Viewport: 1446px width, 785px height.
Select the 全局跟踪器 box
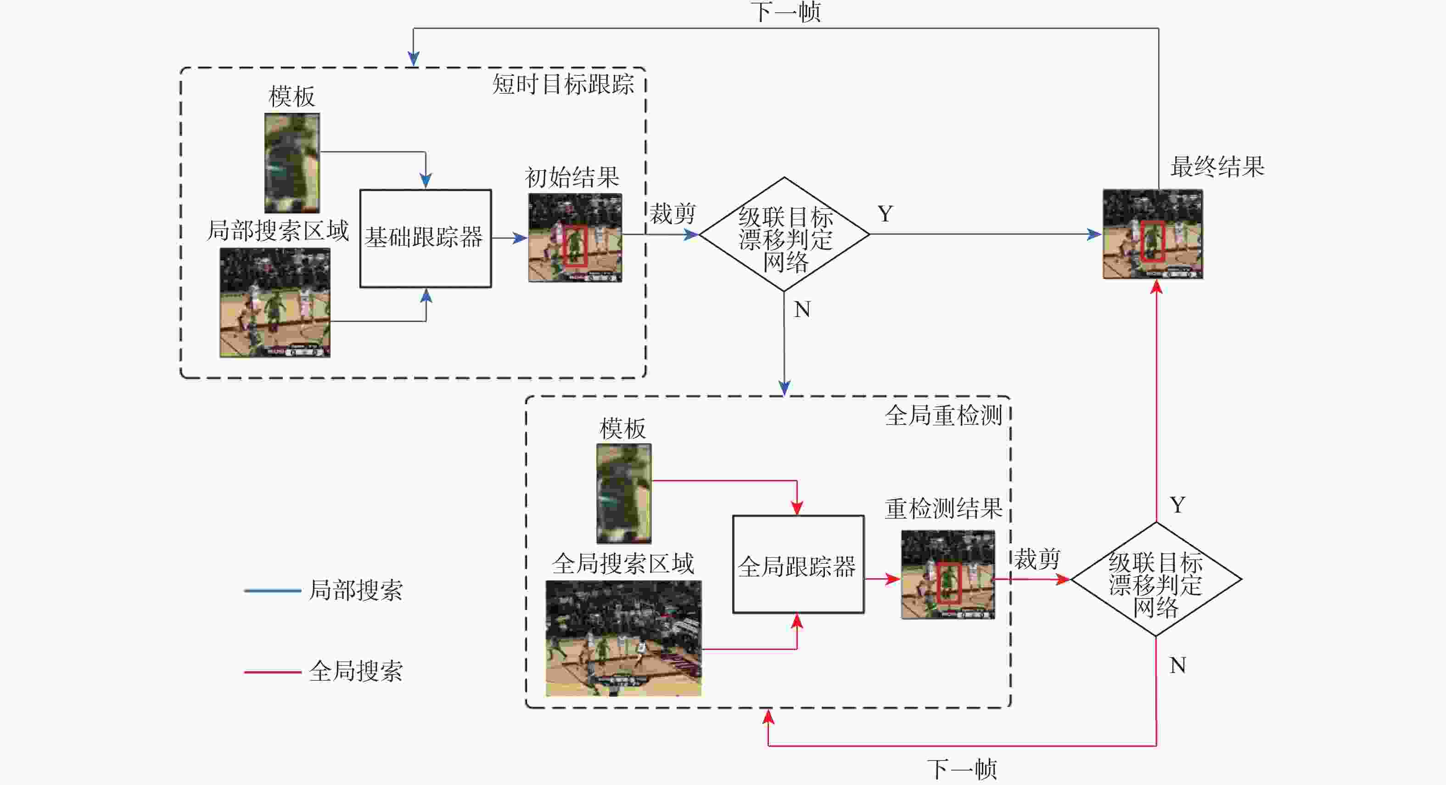click(x=798, y=565)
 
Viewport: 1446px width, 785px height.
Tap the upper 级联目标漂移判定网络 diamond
click(x=784, y=235)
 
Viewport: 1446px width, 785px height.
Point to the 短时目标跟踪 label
click(x=563, y=84)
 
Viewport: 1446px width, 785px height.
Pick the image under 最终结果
click(x=1152, y=234)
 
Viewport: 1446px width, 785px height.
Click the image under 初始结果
click(x=575, y=237)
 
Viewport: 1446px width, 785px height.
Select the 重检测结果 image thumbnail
click(x=947, y=575)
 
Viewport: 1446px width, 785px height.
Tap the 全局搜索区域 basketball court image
click(x=623, y=638)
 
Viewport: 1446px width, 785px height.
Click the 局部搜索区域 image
click(x=275, y=302)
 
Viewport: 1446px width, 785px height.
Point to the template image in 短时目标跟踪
click(x=292, y=163)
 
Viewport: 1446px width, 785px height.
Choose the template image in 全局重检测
click(x=624, y=493)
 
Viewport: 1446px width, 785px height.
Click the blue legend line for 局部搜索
click(x=272, y=591)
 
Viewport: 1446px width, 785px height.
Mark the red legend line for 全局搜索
click(x=272, y=672)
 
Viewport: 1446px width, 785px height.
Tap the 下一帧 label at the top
click(x=785, y=12)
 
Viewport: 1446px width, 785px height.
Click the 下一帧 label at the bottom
click(x=962, y=769)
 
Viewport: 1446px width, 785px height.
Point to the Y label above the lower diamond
click(x=1177, y=505)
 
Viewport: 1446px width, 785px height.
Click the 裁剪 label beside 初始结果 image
click(x=673, y=214)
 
